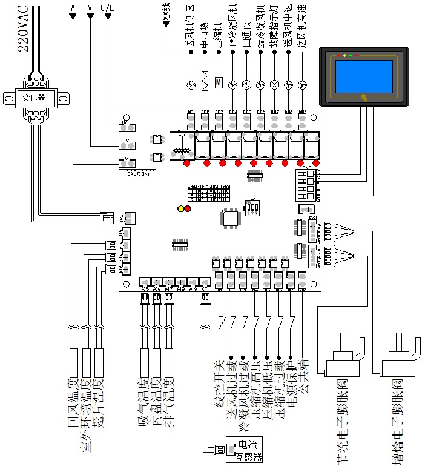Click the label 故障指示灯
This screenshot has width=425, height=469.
click(x=275, y=27)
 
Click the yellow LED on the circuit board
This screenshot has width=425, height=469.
click(x=180, y=209)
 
